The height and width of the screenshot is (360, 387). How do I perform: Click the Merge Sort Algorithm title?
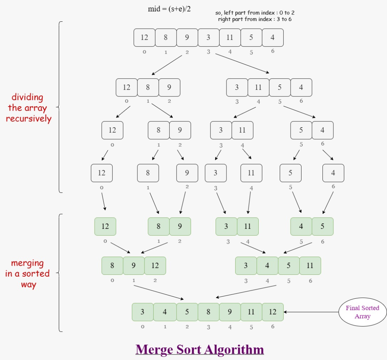coord(200,350)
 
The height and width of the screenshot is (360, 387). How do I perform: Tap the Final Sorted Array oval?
coord(362,312)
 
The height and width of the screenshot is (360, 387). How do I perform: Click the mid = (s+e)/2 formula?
coord(169,9)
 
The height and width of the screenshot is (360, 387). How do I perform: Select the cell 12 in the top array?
coord(144,38)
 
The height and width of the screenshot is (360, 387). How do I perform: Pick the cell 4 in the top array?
coord(272,38)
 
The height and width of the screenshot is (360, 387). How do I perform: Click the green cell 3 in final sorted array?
coord(142,312)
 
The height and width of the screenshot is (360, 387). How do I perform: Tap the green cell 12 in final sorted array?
coord(272,312)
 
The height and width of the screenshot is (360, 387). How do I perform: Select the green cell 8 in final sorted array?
coord(208,312)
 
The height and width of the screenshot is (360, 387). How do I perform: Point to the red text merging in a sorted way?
coord(27,274)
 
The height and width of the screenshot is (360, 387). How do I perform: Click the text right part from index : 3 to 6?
coord(255,19)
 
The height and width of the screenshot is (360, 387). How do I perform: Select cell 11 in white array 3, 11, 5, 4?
coord(258,87)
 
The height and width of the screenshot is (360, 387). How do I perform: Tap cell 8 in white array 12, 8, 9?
coord(148,87)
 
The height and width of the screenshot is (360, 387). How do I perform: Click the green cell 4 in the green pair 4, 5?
coord(301,227)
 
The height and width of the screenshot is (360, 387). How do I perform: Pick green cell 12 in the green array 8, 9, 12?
coord(155,266)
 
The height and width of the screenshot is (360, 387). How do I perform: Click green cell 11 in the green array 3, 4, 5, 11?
coord(310,266)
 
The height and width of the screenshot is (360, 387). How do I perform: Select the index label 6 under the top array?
coord(272,51)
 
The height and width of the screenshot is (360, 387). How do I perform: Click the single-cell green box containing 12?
coord(105,227)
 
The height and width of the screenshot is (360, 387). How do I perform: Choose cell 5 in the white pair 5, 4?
coord(301,130)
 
